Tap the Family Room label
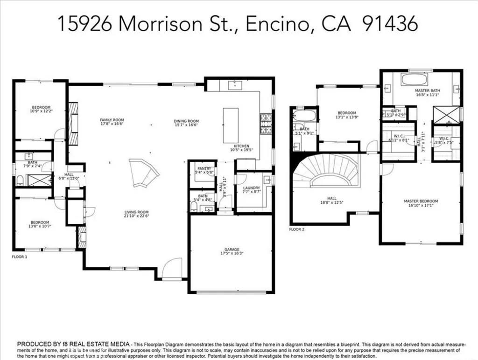(x=112, y=120)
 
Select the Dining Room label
(x=186, y=120)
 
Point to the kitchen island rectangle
(x=231, y=125)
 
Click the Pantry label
(x=204, y=169)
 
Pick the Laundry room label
(x=252, y=188)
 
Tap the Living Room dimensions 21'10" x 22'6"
(x=136, y=215)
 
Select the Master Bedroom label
(x=421, y=201)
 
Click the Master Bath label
(x=428, y=90)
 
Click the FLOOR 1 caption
(x=20, y=256)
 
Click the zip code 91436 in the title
(x=391, y=24)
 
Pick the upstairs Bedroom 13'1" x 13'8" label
(x=347, y=113)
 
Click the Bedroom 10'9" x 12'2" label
(x=40, y=108)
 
